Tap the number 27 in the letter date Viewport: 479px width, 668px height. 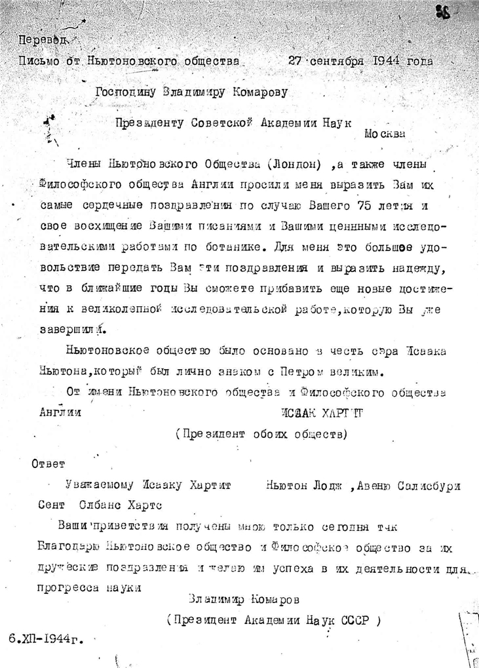[x=297, y=62]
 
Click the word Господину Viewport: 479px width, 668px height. [x=124, y=92]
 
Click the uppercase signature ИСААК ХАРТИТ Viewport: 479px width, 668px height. [x=315, y=414]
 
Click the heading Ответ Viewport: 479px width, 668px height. [x=48, y=465]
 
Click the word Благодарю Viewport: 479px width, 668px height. [x=67, y=546]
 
